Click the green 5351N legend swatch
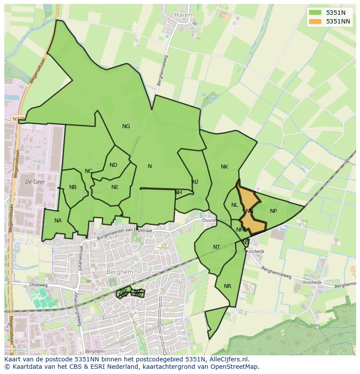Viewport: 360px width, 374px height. click(316, 13)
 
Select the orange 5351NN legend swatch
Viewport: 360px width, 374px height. click(316, 21)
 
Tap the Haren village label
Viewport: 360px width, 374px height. click(183, 15)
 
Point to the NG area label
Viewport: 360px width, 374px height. click(126, 126)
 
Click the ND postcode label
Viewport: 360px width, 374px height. click(113, 165)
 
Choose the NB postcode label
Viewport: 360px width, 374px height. click(73, 187)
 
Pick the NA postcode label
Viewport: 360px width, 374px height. click(58, 221)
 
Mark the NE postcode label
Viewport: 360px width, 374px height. click(115, 187)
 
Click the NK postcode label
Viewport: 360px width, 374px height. click(224, 167)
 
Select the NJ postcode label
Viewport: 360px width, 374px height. click(195, 182)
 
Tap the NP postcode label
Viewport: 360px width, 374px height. click(273, 211)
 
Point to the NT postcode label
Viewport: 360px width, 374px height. click(217, 247)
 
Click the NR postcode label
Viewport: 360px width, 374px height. click(228, 286)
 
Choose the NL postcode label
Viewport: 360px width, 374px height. click(235, 205)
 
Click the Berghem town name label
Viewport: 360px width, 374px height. click(117, 272)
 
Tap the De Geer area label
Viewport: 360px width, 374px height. click(36, 181)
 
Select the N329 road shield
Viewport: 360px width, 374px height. click(18, 119)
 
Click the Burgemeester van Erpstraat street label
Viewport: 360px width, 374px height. click(124, 233)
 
